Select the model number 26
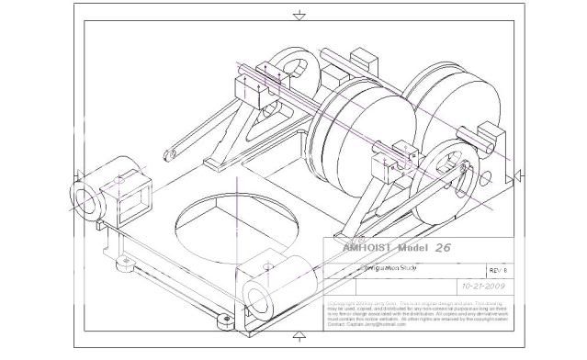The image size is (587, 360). coord(443,248)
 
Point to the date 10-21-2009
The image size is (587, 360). coord(485,286)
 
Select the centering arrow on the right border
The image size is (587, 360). coord(520,174)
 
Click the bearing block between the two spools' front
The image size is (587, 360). coord(387,165)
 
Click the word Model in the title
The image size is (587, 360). coord(409,248)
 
